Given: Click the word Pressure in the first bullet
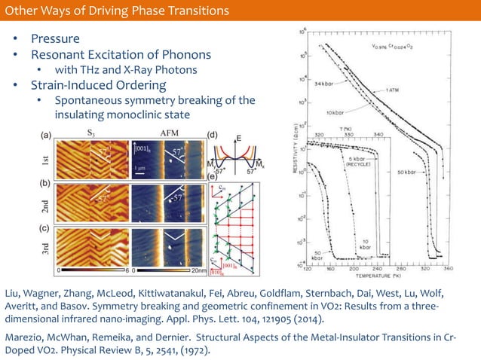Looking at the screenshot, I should pos(55,38).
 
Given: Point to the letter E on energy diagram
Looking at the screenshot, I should pos(239,138).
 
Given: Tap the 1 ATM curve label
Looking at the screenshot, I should pos(393,89).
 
